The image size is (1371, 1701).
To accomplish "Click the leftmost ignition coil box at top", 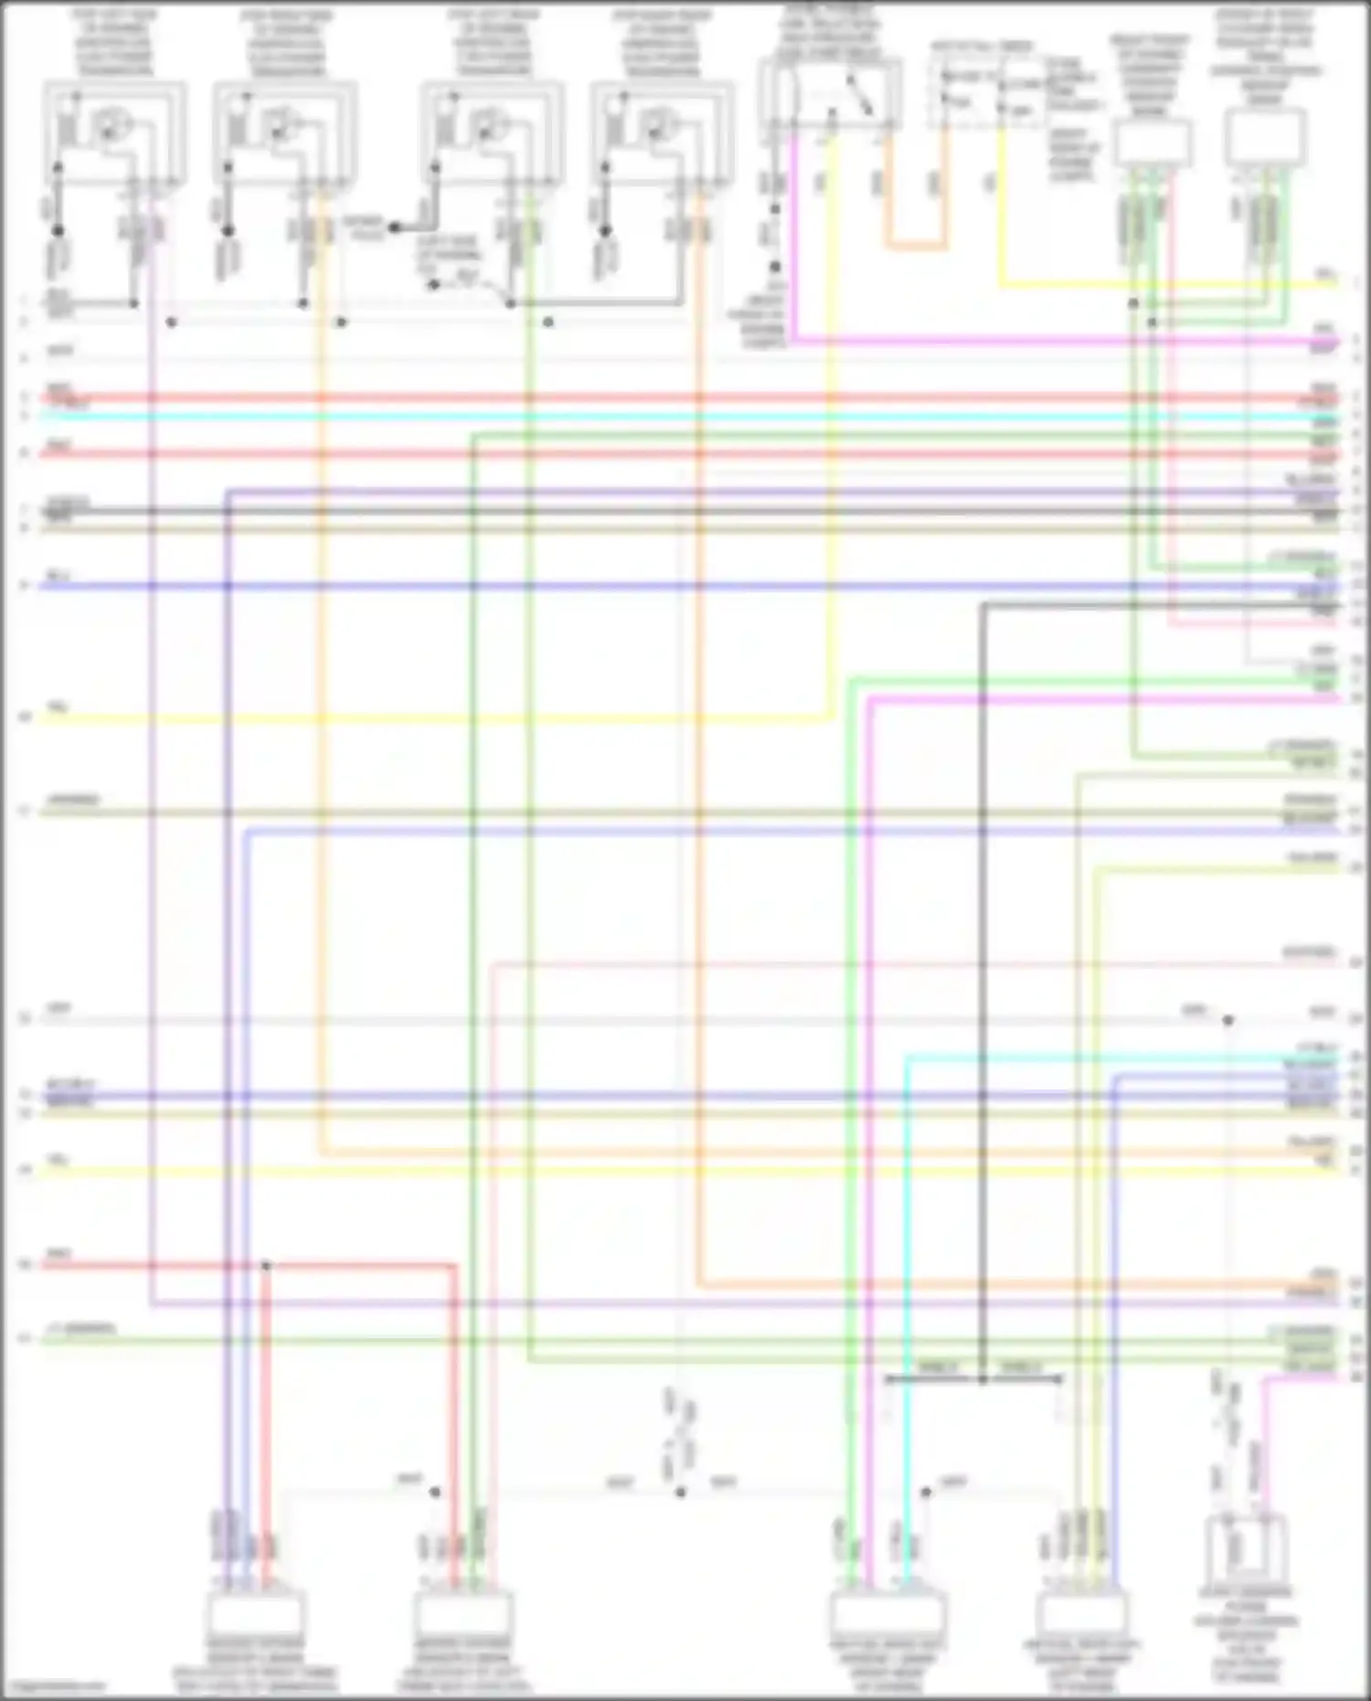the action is [114, 133].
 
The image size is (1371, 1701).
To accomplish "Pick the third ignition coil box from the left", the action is [492, 133].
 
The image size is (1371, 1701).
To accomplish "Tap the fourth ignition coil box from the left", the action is [662, 133].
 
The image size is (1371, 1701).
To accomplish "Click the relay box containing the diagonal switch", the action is [830, 91].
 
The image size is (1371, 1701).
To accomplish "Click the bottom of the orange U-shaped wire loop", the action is [915, 246].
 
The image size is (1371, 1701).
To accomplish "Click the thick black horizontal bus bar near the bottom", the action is [973, 1379].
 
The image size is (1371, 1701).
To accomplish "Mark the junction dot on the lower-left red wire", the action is [266, 1266].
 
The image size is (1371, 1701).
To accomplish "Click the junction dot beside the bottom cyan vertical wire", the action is [926, 1493].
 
